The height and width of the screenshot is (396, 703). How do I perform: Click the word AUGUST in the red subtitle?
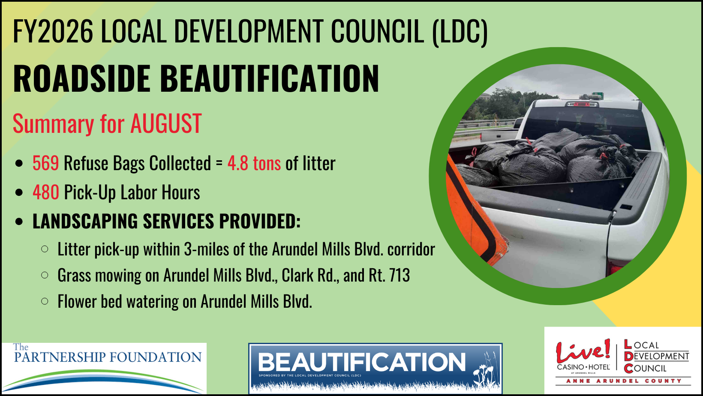coord(166,123)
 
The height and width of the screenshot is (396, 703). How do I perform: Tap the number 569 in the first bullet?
coord(46,163)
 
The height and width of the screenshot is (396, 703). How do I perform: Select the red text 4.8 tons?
coord(254,163)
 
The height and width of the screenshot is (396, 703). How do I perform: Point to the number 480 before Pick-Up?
coord(46,192)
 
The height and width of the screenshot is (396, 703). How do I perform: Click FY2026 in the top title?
coord(53,31)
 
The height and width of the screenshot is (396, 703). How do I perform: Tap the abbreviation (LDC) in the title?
coord(460,31)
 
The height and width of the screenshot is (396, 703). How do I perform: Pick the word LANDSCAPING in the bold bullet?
coord(85,221)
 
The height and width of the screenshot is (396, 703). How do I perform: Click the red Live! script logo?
coord(583,351)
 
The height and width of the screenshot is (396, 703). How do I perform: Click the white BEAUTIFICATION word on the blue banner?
coord(361,362)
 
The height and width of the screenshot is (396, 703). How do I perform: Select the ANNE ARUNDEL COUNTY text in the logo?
coord(624,381)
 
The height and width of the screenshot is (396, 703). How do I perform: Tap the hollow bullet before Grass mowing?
coord(45,275)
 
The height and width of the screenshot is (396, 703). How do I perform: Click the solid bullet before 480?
coord(19,192)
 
